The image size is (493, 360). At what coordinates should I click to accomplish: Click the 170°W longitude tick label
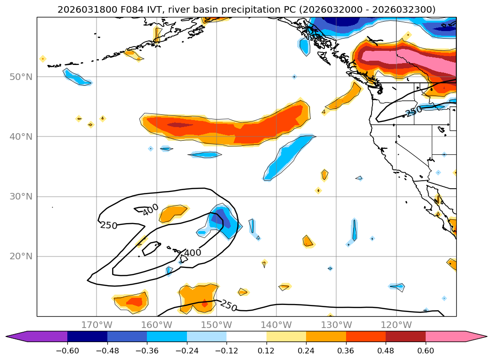97,325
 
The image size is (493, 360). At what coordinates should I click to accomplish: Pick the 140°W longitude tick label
276,325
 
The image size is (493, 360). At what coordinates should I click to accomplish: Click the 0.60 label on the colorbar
426,350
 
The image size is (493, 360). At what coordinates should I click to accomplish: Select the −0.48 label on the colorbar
107,350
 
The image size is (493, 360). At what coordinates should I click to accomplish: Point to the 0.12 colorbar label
267,350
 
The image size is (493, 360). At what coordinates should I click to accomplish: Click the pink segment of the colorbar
445,336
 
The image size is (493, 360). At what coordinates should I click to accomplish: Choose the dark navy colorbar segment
87,336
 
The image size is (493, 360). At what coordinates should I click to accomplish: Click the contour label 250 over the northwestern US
413,112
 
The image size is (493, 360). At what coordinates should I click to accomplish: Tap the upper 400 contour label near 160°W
151,210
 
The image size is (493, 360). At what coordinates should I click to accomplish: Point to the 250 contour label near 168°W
109,225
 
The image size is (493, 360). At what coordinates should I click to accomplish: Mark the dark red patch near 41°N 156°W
180,125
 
